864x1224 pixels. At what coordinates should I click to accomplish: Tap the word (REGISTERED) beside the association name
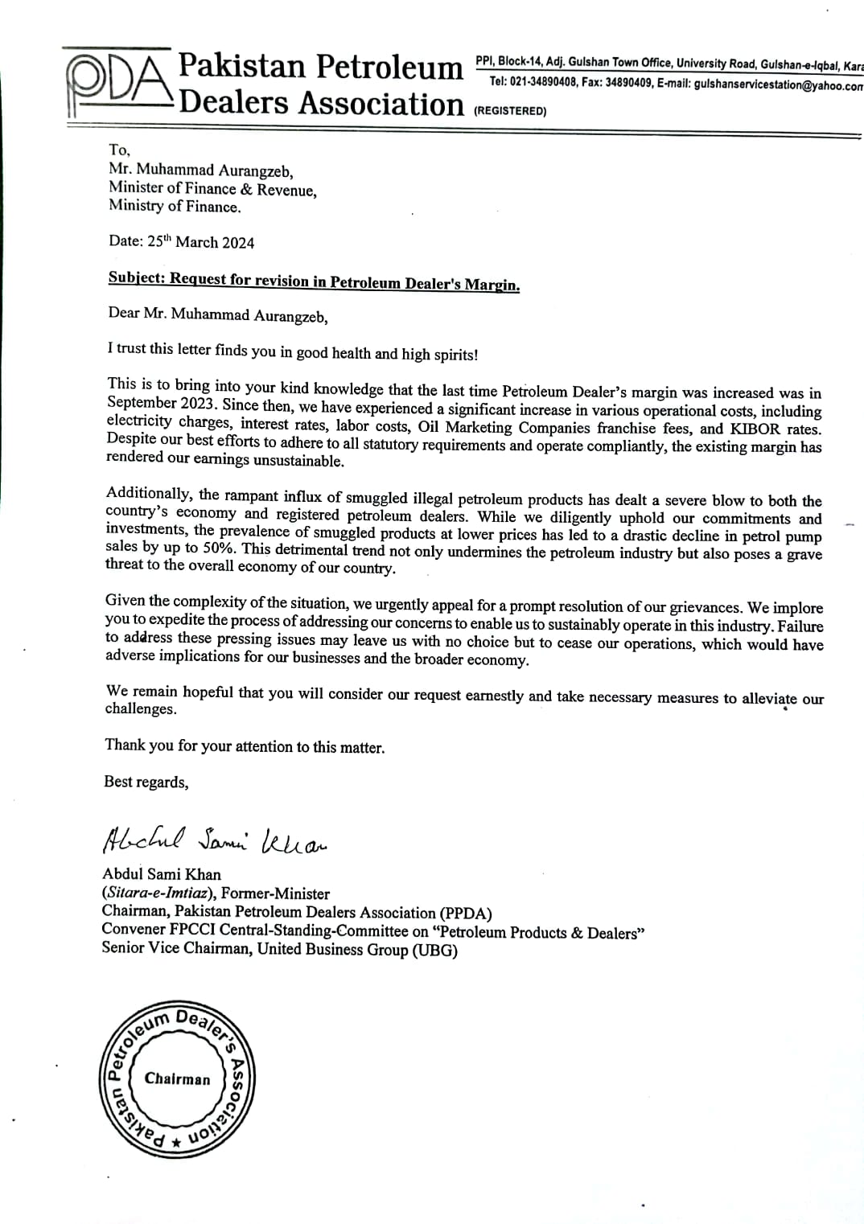[x=510, y=111]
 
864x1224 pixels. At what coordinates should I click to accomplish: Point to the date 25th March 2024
[x=201, y=242]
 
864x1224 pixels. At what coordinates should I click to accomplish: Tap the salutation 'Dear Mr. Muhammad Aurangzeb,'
[x=218, y=315]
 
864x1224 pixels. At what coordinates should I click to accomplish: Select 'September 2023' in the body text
[x=160, y=404]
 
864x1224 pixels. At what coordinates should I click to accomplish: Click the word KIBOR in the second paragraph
[x=755, y=429]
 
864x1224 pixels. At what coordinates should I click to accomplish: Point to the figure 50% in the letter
[x=218, y=548]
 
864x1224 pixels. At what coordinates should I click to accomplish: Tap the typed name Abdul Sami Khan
[x=162, y=874]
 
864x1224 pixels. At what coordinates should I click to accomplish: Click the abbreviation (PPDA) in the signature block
[x=466, y=913]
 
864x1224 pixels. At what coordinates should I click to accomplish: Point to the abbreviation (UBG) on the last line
[x=435, y=950]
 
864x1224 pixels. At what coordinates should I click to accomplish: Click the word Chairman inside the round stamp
[x=177, y=1079]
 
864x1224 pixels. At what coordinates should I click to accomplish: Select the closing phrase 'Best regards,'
[x=146, y=782]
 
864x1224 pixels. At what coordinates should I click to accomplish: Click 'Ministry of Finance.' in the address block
[x=175, y=207]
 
